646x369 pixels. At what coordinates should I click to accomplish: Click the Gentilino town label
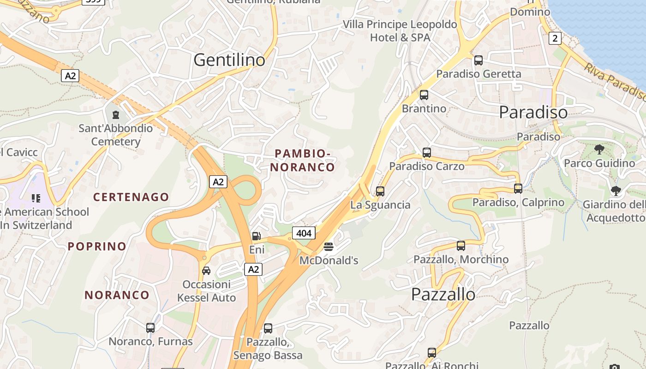(229, 60)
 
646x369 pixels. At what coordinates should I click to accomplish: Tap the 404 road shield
(304, 233)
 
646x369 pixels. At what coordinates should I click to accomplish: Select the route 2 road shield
(555, 38)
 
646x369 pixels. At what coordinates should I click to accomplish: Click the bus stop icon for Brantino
(424, 95)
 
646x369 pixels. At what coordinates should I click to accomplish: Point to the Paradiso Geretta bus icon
(479, 60)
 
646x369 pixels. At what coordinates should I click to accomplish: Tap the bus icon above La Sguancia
(380, 191)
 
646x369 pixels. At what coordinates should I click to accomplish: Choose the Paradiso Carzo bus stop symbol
(427, 153)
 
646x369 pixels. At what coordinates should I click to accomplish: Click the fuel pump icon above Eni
(256, 236)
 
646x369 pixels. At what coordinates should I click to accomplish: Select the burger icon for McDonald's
(328, 247)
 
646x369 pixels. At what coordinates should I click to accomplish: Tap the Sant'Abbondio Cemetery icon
(115, 114)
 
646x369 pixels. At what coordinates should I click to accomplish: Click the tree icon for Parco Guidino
(599, 149)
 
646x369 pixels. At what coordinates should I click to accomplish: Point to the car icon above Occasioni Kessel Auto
(206, 270)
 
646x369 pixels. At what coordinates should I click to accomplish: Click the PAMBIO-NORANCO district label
(302, 160)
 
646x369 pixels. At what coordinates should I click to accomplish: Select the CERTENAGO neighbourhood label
(131, 197)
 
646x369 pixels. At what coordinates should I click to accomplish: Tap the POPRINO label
(97, 246)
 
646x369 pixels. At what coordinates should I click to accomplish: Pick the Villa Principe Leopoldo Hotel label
(400, 30)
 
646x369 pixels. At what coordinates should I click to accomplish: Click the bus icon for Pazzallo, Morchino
(461, 246)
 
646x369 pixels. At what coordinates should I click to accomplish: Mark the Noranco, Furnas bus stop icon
(150, 328)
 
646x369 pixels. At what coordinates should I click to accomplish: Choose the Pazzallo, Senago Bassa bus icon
(268, 328)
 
